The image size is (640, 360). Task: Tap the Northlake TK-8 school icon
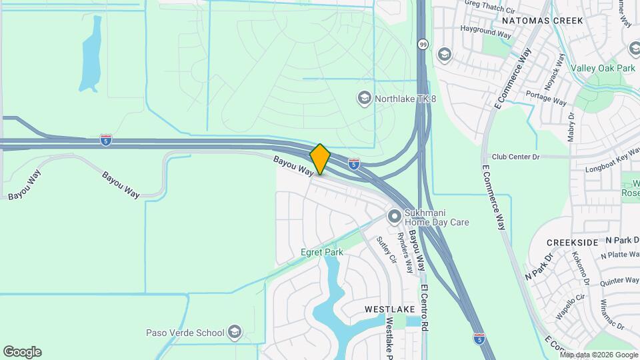pyautogui.click(x=364, y=99)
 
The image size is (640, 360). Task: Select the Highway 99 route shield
pyautogui.click(x=423, y=44)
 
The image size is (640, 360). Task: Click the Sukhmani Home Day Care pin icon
pyautogui.click(x=395, y=217)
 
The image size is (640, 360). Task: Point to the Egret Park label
pyautogui.click(x=322, y=253)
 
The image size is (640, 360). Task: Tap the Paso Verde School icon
pyautogui.click(x=234, y=331)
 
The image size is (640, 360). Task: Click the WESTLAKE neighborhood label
pyautogui.click(x=390, y=309)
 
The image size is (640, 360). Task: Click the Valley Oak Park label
pyautogui.click(x=603, y=68)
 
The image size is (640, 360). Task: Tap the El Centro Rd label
pyautogui.click(x=424, y=310)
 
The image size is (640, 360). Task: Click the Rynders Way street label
pyautogui.click(x=406, y=253)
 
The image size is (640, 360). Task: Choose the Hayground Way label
pyautogui.click(x=486, y=31)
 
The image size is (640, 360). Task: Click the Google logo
pyautogui.click(x=22, y=352)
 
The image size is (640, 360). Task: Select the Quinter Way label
pyautogui.click(x=619, y=281)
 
